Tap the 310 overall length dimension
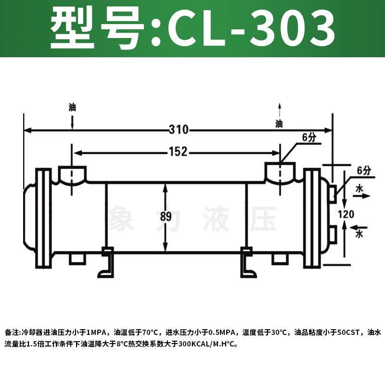point(179,130)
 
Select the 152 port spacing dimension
point(178,153)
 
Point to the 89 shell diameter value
point(166,217)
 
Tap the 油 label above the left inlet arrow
point(72,107)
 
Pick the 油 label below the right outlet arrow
point(279,124)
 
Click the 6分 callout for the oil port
point(308,138)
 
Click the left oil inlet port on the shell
point(72,173)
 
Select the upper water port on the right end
point(333,193)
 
